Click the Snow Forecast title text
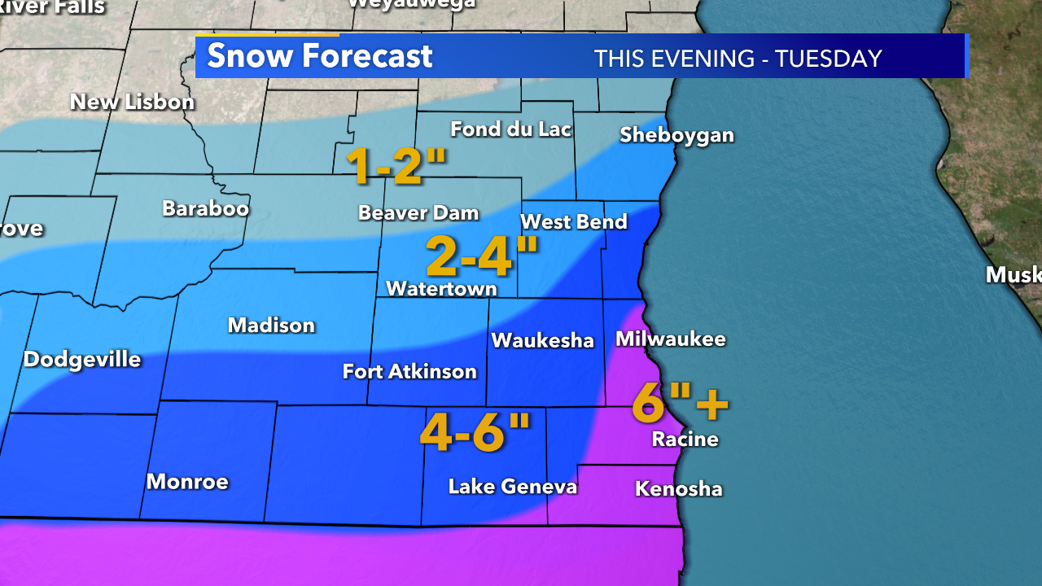[x=319, y=56]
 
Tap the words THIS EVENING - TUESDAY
[x=738, y=59]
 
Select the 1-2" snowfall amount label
[x=396, y=165]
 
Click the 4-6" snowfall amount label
[x=475, y=431]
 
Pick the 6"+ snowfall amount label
[x=679, y=402]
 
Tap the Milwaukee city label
[x=670, y=339]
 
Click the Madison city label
[x=271, y=326]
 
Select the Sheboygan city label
[x=676, y=135]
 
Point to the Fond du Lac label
[x=510, y=129]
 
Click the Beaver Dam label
[x=418, y=213]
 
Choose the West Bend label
[x=573, y=221]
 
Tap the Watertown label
[x=441, y=288]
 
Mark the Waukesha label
[x=542, y=340]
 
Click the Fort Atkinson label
[x=409, y=372]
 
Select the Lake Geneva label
[x=512, y=487]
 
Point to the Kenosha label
[x=678, y=488]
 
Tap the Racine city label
[x=685, y=439]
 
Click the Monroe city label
[x=187, y=481]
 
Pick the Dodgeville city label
[x=82, y=359]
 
